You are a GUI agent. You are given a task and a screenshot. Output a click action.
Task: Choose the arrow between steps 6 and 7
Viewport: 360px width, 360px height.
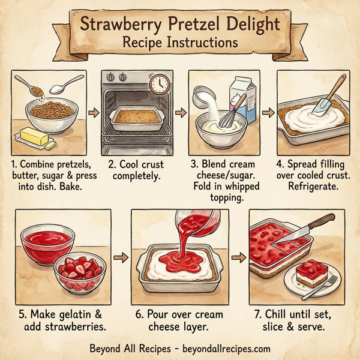[x=239, y=257]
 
